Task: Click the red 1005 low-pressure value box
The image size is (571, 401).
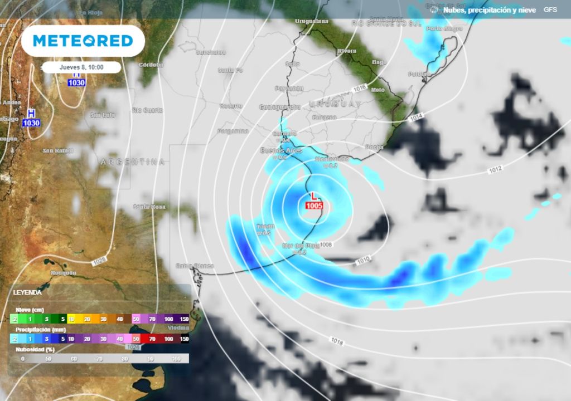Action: (314, 206)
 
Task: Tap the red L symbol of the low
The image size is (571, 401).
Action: (314, 196)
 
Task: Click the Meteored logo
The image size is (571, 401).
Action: (83, 41)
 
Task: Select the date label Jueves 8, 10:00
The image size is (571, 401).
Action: (81, 67)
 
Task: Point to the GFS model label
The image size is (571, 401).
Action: (550, 10)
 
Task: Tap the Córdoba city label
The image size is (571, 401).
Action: (150, 65)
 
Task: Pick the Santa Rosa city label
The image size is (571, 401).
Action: (149, 207)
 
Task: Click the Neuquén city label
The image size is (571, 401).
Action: (63, 272)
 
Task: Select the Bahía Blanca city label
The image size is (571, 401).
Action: (195, 266)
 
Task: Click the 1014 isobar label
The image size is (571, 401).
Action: (416, 118)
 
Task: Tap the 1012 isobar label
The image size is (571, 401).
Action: (496, 170)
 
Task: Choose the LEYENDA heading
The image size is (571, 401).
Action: (27, 292)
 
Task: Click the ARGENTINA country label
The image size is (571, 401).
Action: (132, 162)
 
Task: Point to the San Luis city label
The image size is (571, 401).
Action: (102, 115)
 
